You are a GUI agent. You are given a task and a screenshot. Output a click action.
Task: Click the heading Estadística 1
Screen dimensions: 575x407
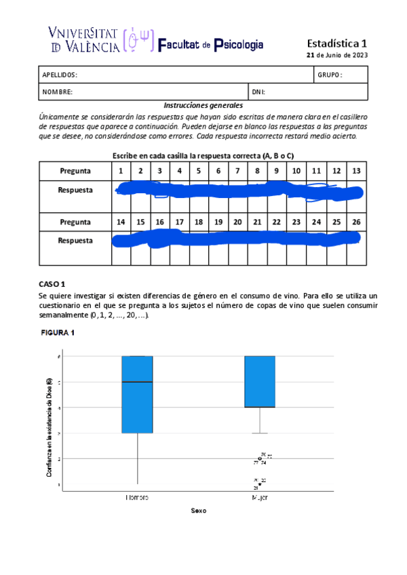pos(336,41)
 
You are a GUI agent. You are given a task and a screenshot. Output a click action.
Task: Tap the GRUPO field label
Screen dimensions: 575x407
pos(330,75)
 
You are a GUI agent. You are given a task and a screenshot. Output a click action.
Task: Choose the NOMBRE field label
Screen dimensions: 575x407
pos(58,92)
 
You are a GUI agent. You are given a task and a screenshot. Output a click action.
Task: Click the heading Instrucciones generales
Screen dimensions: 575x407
pos(203,106)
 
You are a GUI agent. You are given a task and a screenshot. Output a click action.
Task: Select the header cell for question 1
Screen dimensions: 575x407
pos(121,171)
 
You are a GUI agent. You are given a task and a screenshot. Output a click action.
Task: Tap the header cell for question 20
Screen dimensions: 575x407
pos(237,222)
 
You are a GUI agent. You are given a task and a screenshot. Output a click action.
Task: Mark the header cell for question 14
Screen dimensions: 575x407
pos(121,222)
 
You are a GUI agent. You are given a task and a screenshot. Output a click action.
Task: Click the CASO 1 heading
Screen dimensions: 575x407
pos(54,283)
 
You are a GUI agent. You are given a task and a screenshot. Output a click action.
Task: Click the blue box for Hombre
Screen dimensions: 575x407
pos(137,407)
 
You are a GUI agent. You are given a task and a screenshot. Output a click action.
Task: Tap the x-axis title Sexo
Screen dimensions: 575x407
pos(198,511)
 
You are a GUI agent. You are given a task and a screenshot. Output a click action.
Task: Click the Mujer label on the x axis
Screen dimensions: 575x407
pos(260,497)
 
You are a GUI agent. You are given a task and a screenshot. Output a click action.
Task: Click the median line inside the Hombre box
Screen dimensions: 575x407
pos(137,382)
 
